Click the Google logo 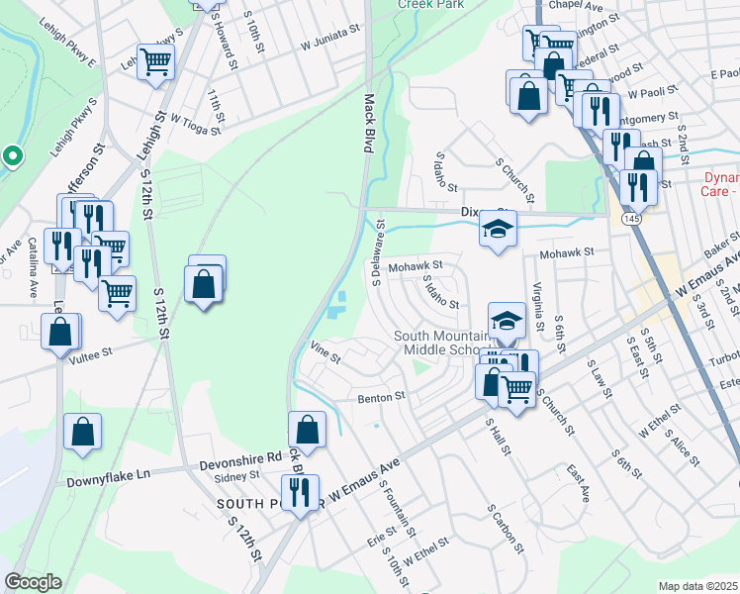[x=33, y=582]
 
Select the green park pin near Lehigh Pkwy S [x=12, y=156]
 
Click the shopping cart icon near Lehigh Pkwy [x=156, y=62]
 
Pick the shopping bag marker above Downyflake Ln [x=82, y=433]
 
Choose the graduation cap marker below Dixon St [x=499, y=231]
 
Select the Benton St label [x=382, y=397]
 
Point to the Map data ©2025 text [x=697, y=586]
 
